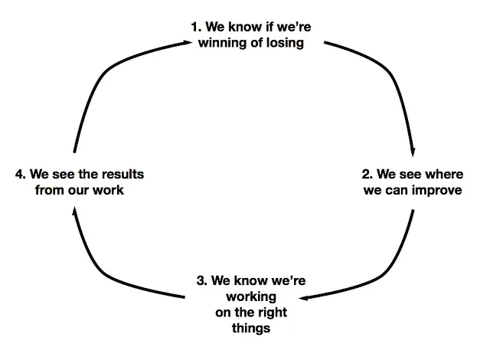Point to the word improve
436,190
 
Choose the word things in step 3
251,329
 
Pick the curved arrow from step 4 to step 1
100,77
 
